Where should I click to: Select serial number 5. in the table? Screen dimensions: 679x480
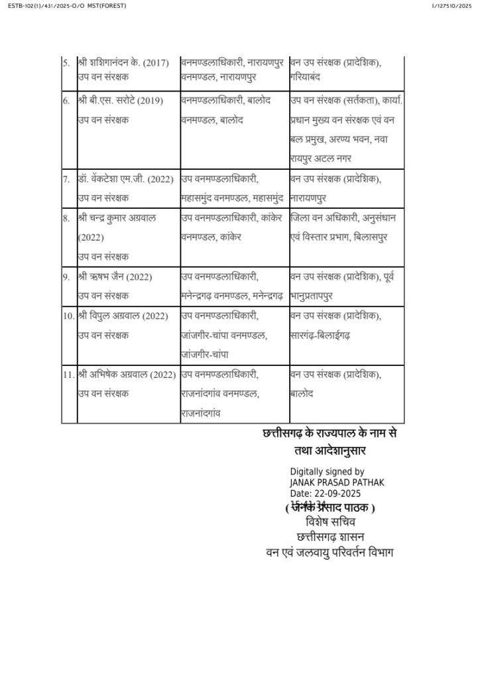click(x=66, y=63)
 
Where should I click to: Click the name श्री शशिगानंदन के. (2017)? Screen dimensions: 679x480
click(x=123, y=63)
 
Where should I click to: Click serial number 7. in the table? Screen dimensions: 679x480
click(x=66, y=179)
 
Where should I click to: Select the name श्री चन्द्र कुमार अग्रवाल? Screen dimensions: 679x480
click(x=117, y=218)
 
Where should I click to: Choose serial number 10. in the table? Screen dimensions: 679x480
click(x=68, y=316)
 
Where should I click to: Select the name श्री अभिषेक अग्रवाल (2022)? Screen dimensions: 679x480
click(x=126, y=375)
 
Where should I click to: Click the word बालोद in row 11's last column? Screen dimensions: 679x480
click(x=302, y=394)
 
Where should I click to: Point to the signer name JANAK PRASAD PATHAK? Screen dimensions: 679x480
click(x=337, y=482)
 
